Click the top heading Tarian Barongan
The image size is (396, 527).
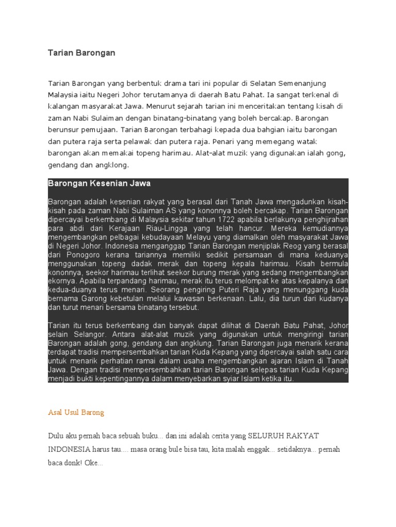pos(81,52)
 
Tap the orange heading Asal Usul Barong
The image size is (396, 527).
pos(76,412)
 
